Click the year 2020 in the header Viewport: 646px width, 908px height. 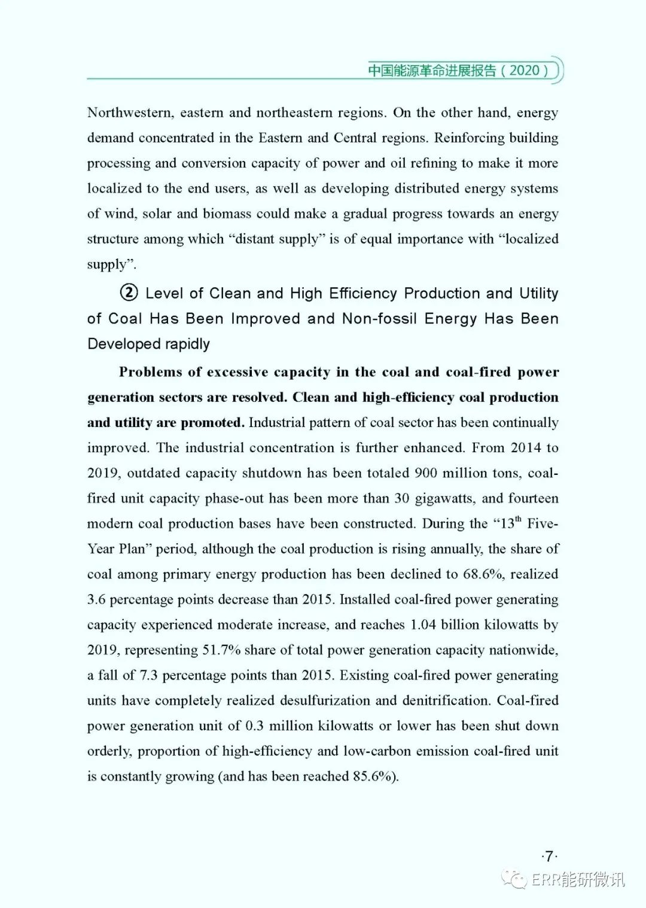pyautogui.click(x=524, y=71)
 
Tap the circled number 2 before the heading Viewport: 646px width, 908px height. pyautogui.click(x=129, y=292)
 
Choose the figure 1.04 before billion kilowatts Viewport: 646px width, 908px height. pyautogui.click(x=423, y=624)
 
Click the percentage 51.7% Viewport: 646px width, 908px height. pyautogui.click(x=221, y=650)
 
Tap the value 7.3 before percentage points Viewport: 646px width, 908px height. pyautogui.click(x=148, y=675)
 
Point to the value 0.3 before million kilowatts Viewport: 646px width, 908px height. pyautogui.click(x=254, y=726)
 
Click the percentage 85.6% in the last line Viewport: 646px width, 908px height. pyautogui.click(x=374, y=776)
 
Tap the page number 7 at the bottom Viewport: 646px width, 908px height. pyautogui.click(x=549, y=856)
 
